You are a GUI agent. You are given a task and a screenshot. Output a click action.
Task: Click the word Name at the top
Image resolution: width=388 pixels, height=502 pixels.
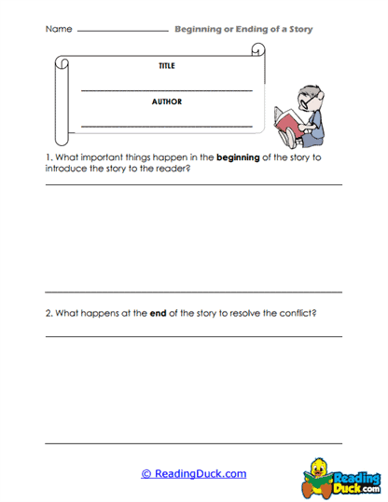click(58, 30)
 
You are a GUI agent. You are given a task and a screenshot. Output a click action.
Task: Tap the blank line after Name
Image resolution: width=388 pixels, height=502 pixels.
click(121, 32)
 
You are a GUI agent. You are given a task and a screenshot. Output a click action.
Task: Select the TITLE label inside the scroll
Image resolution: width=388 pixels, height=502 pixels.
click(167, 66)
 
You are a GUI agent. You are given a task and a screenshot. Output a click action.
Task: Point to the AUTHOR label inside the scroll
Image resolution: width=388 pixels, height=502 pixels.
click(167, 101)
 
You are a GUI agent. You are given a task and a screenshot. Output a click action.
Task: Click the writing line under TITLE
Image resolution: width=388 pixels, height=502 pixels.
click(167, 89)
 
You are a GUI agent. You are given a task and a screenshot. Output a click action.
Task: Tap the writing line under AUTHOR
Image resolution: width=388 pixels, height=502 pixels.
click(167, 125)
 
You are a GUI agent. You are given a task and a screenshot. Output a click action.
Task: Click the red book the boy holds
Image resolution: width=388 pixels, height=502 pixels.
click(283, 120)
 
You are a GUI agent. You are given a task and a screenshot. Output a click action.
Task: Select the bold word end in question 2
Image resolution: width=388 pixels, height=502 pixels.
click(158, 312)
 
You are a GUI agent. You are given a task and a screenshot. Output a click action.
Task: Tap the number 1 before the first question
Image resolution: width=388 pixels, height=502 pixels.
click(48, 157)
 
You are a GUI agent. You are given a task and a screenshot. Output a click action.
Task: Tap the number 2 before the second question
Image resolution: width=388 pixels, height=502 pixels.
click(48, 312)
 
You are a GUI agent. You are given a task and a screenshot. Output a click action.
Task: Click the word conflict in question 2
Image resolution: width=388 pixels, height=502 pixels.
click(295, 312)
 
